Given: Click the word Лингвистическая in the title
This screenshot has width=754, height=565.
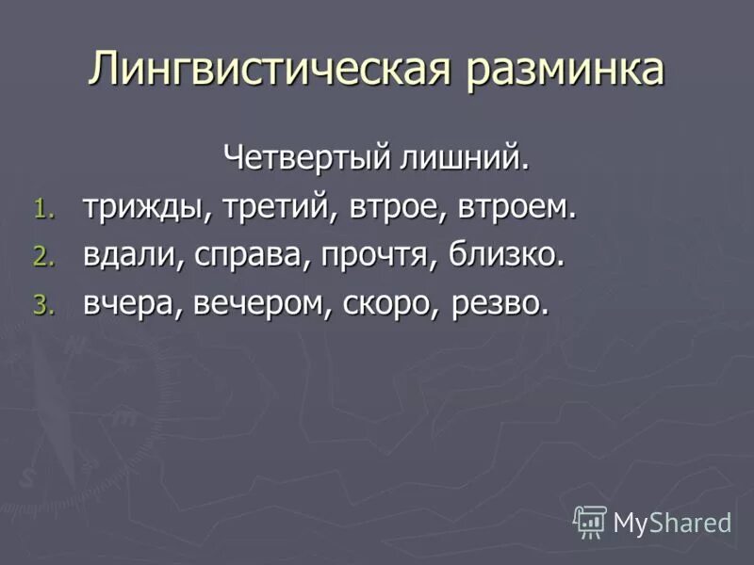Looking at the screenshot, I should coord(266,70).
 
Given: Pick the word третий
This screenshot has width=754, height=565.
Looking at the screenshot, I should coord(273,207).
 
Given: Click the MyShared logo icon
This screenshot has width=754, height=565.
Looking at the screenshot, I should coord(591,521).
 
